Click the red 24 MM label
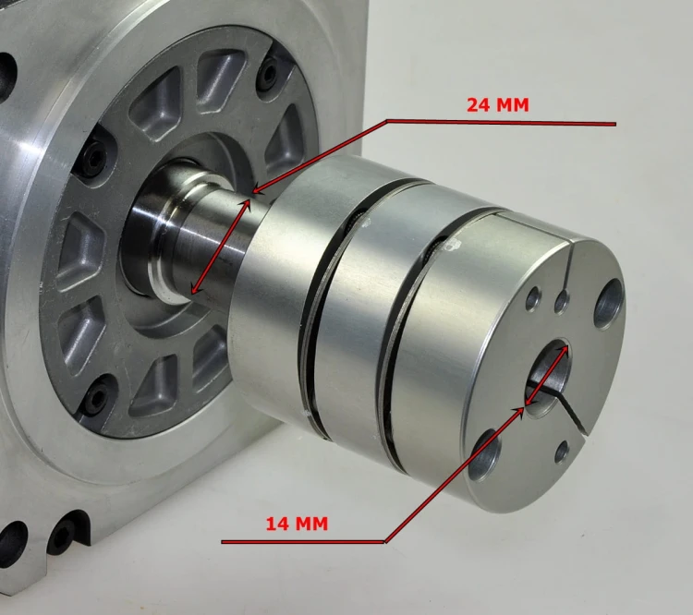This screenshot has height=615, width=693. (498, 104)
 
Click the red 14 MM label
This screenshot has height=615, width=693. (297, 524)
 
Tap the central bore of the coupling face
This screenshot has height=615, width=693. (548, 378)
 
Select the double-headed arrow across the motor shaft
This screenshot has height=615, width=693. (221, 247)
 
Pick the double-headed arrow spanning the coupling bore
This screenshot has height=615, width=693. (547, 375)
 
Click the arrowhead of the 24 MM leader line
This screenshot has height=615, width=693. (256, 191)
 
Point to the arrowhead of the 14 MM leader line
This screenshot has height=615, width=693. (520, 411)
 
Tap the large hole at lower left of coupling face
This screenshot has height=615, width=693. (482, 455)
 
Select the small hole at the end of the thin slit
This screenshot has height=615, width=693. (561, 301)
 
